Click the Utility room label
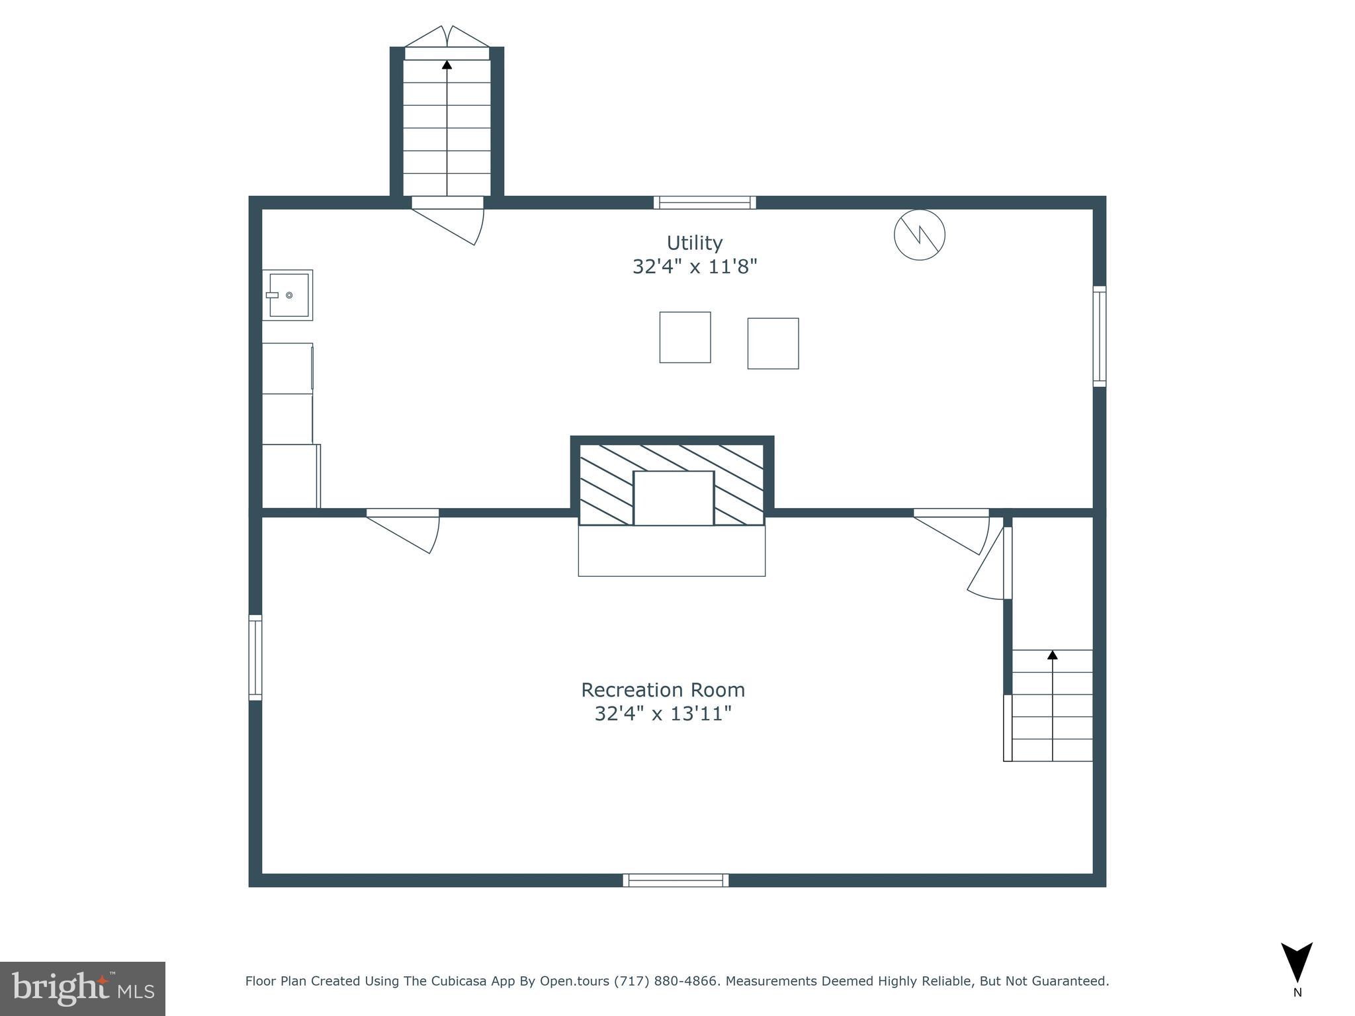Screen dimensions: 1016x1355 [x=694, y=243]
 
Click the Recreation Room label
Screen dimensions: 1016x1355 [x=663, y=690]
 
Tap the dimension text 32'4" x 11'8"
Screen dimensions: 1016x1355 [x=694, y=267]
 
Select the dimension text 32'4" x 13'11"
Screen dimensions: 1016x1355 [x=663, y=714]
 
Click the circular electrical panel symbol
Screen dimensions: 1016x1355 [x=919, y=234]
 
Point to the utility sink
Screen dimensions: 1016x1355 [x=288, y=295]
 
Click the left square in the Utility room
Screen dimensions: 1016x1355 [x=685, y=337]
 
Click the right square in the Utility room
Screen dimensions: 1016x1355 [x=773, y=343]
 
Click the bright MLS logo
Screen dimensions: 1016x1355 [x=82, y=988]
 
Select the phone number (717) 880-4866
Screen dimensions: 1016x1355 [x=666, y=981]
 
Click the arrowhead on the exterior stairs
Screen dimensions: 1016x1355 [x=447, y=65]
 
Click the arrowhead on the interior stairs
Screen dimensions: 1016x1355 [x=1052, y=655]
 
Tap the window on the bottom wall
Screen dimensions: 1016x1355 [x=676, y=880]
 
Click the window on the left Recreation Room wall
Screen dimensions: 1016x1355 [x=255, y=657]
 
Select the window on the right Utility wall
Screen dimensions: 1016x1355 [x=1099, y=336]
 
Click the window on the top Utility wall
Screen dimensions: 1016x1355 [x=705, y=202]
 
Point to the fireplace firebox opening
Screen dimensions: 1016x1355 [x=674, y=498]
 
